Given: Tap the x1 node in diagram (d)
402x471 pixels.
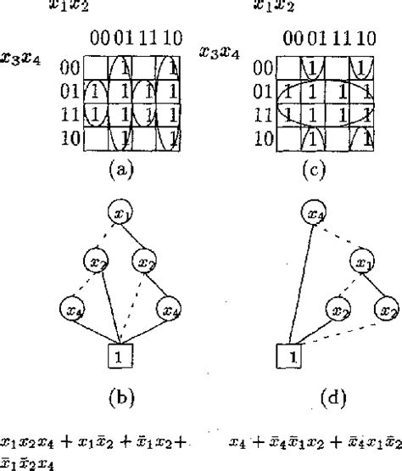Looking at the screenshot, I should [x=365, y=261].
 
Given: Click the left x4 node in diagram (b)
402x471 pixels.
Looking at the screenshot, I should [x=72, y=308].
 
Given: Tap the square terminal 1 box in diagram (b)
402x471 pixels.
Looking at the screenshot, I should [x=120, y=358].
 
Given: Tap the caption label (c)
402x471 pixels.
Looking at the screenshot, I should [x=315, y=169].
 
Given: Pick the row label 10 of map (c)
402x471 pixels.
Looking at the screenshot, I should [x=265, y=136].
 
